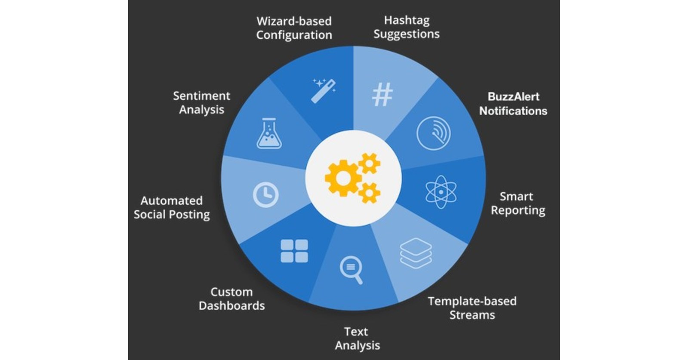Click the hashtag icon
pyautogui.click(x=382, y=95)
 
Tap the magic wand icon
pyautogui.click(x=324, y=91)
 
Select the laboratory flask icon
pyautogui.click(x=269, y=134)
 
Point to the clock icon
pyautogui.click(x=265, y=195)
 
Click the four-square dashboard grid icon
pyautogui.click(x=294, y=251)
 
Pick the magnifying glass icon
pyautogui.click(x=351, y=270)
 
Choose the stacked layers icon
pyautogui.click(x=416, y=253)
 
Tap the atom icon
pyautogui.click(x=441, y=192)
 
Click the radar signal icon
pyautogui.click(x=433, y=133)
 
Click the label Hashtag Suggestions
pyautogui.click(x=406, y=27)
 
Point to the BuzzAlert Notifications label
pyautogui.click(x=513, y=104)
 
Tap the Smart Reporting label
pyautogui.click(x=518, y=203)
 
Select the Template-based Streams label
pyautogui.click(x=472, y=308)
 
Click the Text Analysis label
pyautogui.click(x=357, y=338)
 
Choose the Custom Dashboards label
pyautogui.click(x=231, y=298)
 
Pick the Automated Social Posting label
pyautogui.click(x=172, y=207)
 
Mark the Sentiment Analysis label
pyautogui.click(x=201, y=102)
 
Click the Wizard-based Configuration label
pyautogui.click(x=294, y=28)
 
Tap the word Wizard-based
pyautogui.click(x=294, y=21)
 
